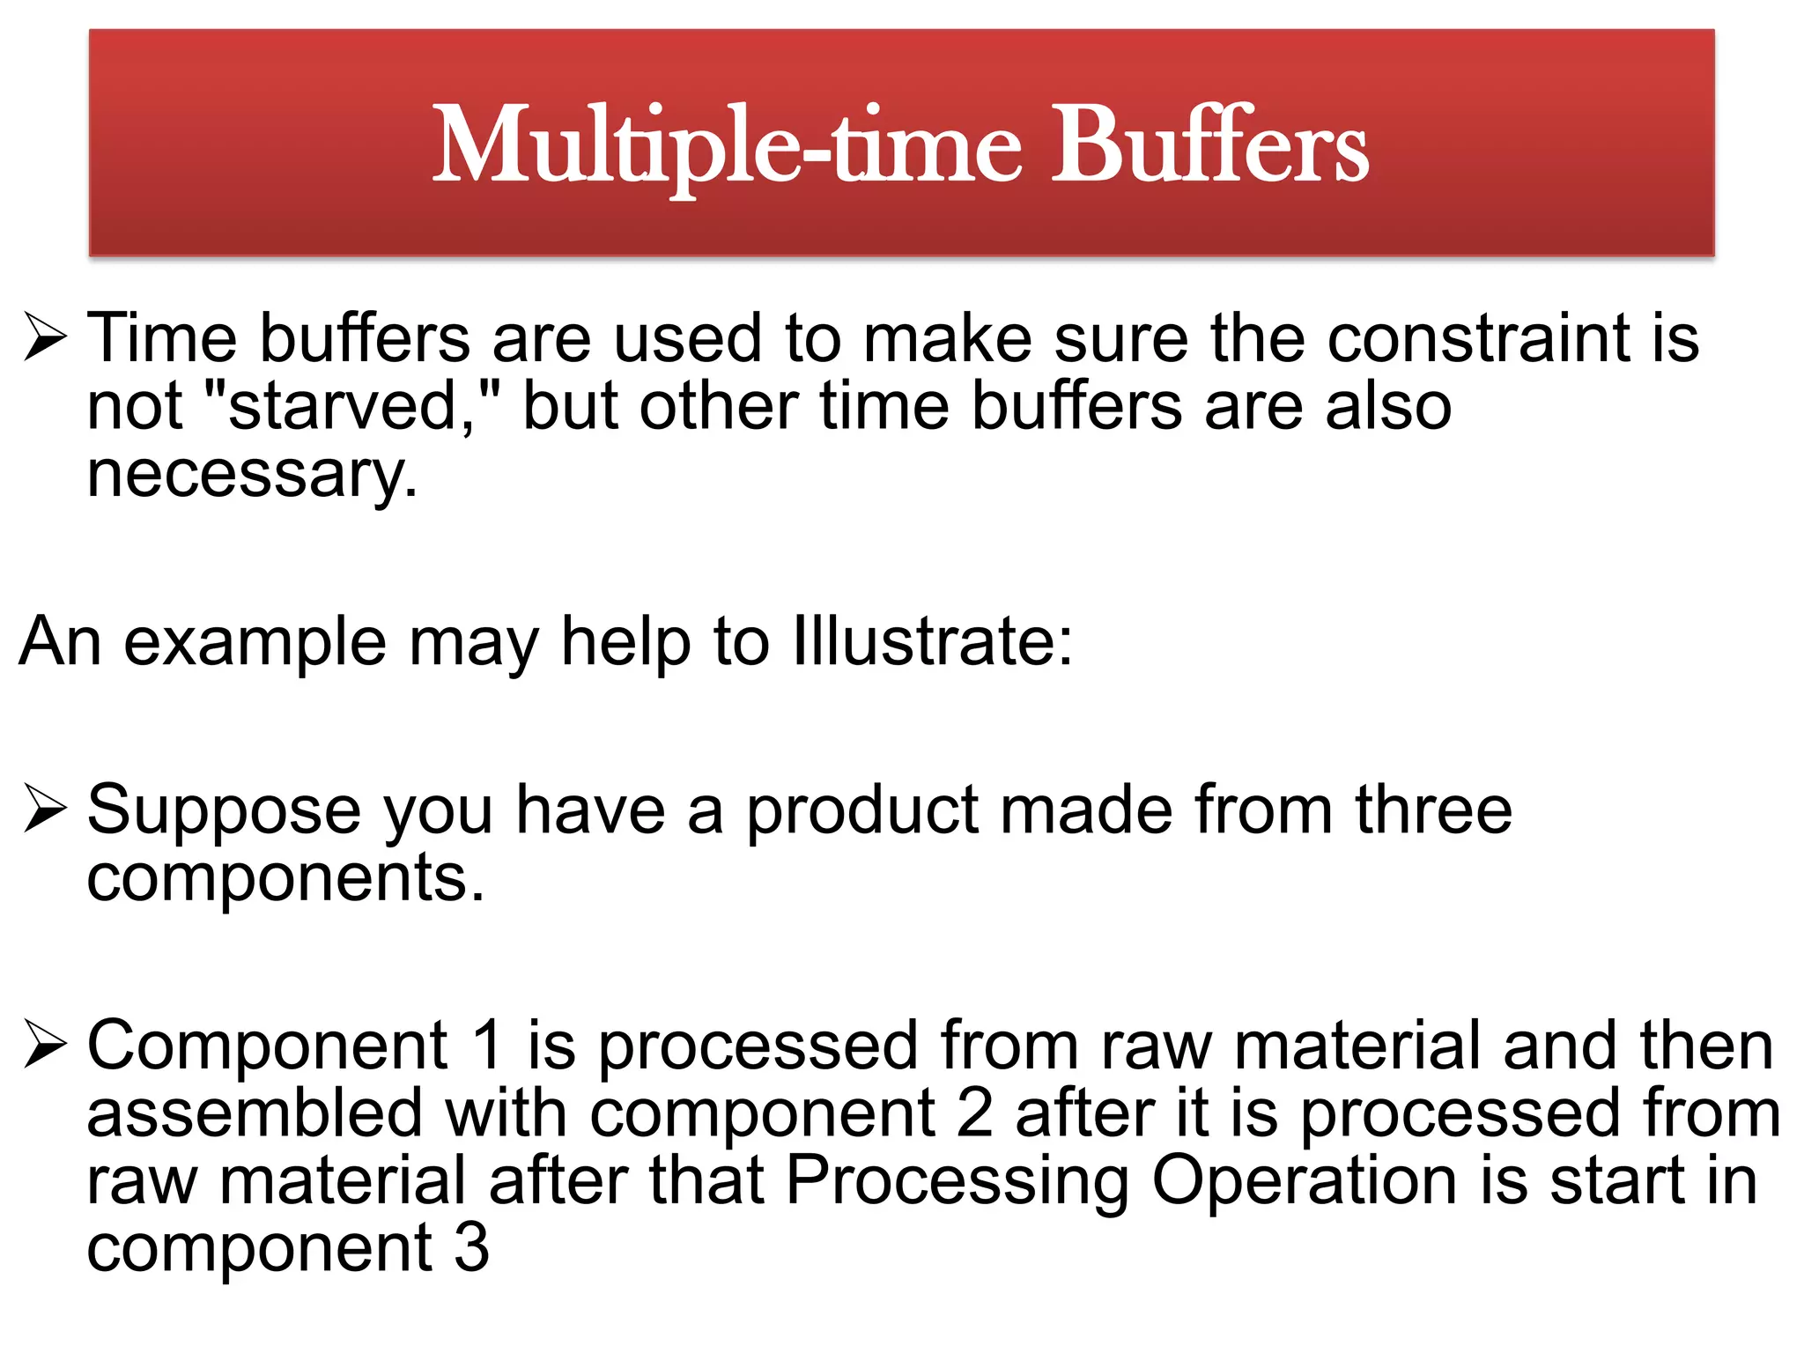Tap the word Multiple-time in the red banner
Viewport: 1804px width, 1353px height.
coord(728,145)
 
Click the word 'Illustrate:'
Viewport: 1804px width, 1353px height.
coord(933,641)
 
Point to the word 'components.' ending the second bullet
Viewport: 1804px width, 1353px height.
coord(285,877)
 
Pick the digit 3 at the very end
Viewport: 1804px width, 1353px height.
coord(472,1248)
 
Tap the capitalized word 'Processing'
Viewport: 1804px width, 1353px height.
coord(957,1181)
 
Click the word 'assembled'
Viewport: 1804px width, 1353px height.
coord(255,1113)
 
